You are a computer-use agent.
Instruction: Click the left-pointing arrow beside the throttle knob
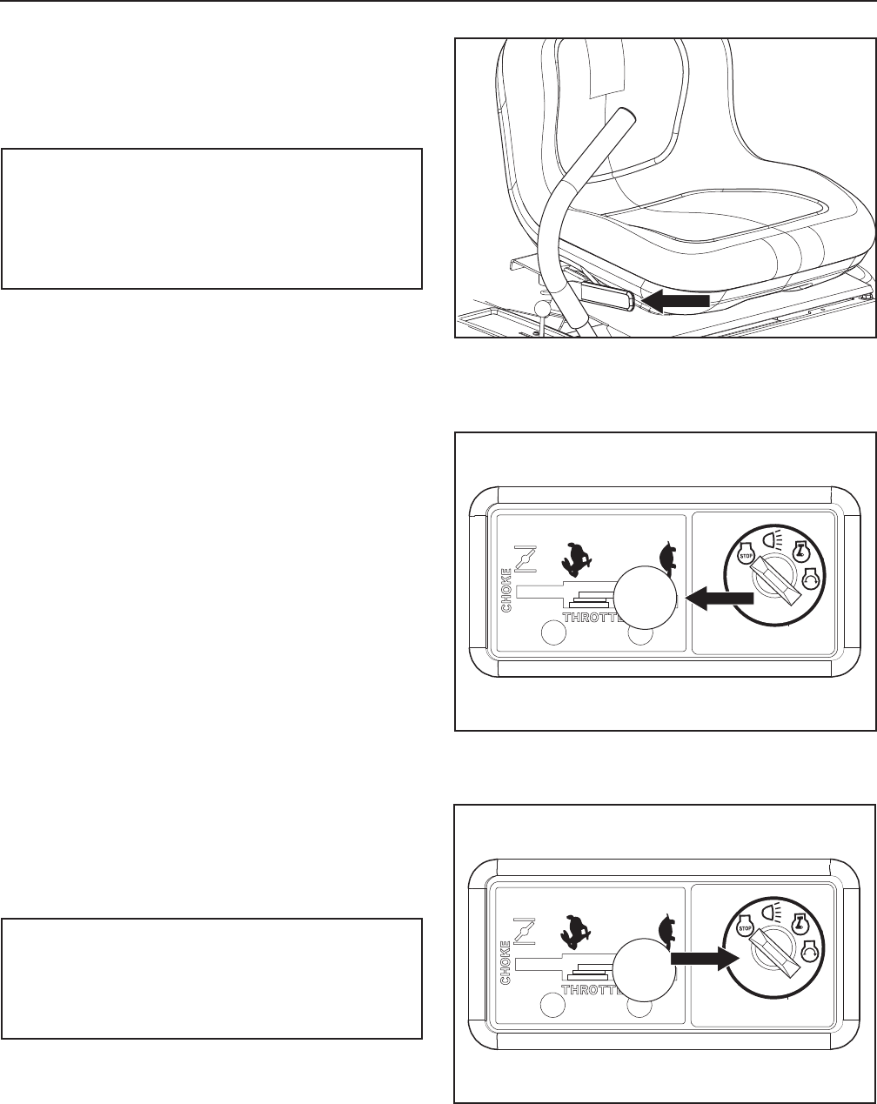point(720,597)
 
